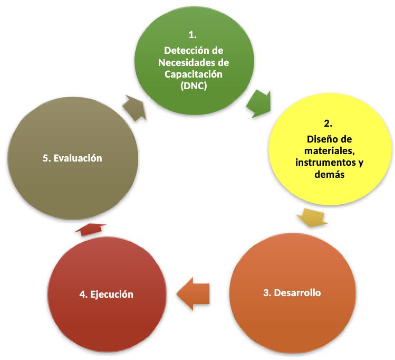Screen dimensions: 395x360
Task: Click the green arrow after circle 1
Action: pyautogui.click(x=259, y=102)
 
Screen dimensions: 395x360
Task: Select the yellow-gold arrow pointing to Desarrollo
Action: pyautogui.click(x=312, y=217)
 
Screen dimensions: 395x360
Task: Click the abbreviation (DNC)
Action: pyautogui.click(x=192, y=86)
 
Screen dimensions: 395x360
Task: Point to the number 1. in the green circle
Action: pyautogui.click(x=192, y=35)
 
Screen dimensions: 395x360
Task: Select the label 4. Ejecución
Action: pyautogui.click(x=106, y=294)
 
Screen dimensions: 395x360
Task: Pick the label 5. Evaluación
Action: pyautogui.click(x=72, y=158)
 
